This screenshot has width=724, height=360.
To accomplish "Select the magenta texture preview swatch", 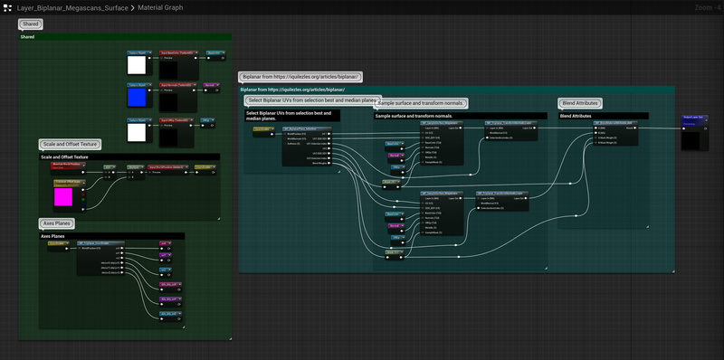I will click(64, 195).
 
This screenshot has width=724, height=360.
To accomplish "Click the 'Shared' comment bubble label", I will click(31, 24).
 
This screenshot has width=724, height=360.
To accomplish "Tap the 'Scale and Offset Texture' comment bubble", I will click(70, 144).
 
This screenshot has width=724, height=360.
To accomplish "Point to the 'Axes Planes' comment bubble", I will click(57, 223).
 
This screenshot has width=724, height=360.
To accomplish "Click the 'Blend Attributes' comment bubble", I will click(579, 103).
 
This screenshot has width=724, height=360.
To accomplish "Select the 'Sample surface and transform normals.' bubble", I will click(420, 103).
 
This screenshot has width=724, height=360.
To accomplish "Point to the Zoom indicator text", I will click(702, 6).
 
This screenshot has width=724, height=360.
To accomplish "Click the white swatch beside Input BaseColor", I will click(138, 63).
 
